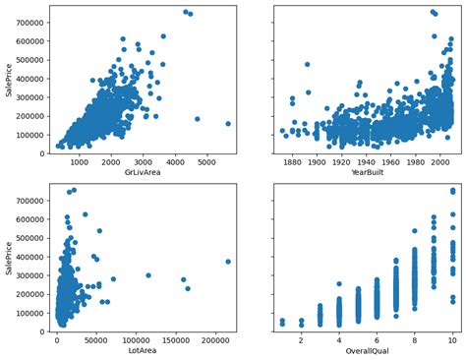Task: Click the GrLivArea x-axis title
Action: pos(144,173)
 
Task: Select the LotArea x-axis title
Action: pos(144,350)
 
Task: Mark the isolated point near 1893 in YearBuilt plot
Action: pos(308,65)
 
